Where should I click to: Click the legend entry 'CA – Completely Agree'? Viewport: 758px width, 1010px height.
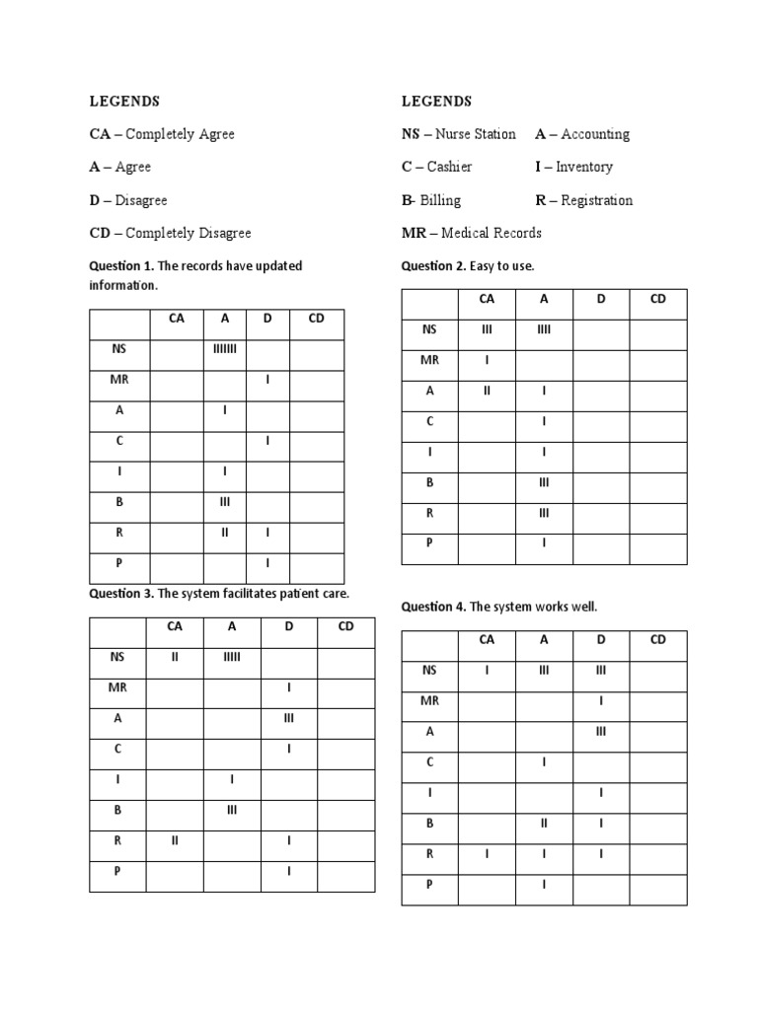click(x=162, y=134)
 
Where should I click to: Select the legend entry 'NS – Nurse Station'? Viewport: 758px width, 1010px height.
click(x=458, y=134)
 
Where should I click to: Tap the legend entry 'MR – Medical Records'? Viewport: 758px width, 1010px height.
click(x=471, y=233)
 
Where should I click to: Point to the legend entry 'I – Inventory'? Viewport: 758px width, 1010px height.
click(x=573, y=167)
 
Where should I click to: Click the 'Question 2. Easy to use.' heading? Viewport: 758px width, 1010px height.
click(x=467, y=266)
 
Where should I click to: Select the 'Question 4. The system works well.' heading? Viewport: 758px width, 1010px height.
click(x=498, y=607)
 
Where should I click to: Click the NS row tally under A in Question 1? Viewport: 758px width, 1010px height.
click(x=225, y=348)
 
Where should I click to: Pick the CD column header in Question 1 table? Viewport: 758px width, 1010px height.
click(x=316, y=319)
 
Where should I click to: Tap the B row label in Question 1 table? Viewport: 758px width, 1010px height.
click(x=119, y=502)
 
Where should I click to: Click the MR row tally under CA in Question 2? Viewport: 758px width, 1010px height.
click(x=487, y=360)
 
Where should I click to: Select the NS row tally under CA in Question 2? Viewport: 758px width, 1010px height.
click(x=487, y=330)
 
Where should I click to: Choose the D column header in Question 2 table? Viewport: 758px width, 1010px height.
click(x=600, y=299)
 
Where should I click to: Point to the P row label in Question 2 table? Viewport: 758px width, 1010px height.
click(x=429, y=543)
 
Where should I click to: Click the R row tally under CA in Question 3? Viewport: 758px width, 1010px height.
click(x=175, y=840)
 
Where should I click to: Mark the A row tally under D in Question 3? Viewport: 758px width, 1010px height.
click(x=289, y=719)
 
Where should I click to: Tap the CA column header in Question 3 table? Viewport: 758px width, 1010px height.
click(x=175, y=626)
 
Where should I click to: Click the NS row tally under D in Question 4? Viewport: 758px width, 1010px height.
click(x=600, y=671)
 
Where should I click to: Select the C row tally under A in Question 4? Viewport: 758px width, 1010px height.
click(x=544, y=762)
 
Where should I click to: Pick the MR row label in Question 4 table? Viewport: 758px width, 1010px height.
click(x=429, y=700)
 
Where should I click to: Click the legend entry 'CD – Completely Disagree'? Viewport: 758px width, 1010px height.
click(x=170, y=233)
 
